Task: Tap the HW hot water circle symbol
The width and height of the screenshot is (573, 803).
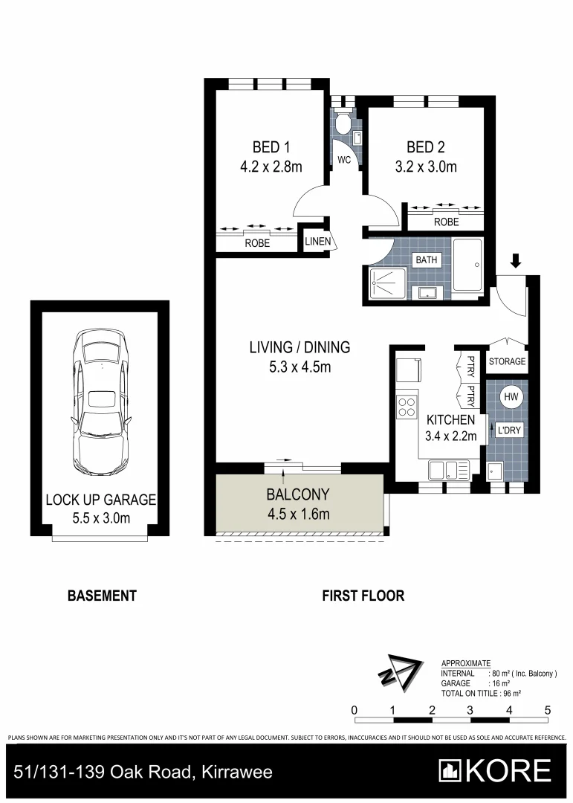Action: pyautogui.click(x=511, y=398)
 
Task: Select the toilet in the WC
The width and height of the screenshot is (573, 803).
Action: pyautogui.click(x=343, y=123)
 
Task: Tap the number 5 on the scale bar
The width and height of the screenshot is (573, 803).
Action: pyautogui.click(x=548, y=709)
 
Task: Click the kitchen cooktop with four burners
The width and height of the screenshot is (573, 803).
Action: pyautogui.click(x=407, y=407)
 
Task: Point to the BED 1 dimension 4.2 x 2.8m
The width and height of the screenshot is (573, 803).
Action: pyautogui.click(x=271, y=167)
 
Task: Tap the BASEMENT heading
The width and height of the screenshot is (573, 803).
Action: pyautogui.click(x=102, y=596)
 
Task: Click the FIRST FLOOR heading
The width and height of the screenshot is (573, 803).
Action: pyautogui.click(x=363, y=596)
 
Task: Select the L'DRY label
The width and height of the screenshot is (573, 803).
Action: pyautogui.click(x=508, y=430)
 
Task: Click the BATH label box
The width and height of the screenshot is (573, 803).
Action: pyautogui.click(x=426, y=259)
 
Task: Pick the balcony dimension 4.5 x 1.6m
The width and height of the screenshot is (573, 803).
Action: pyautogui.click(x=297, y=513)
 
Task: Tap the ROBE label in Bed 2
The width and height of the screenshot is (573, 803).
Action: pyautogui.click(x=447, y=222)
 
